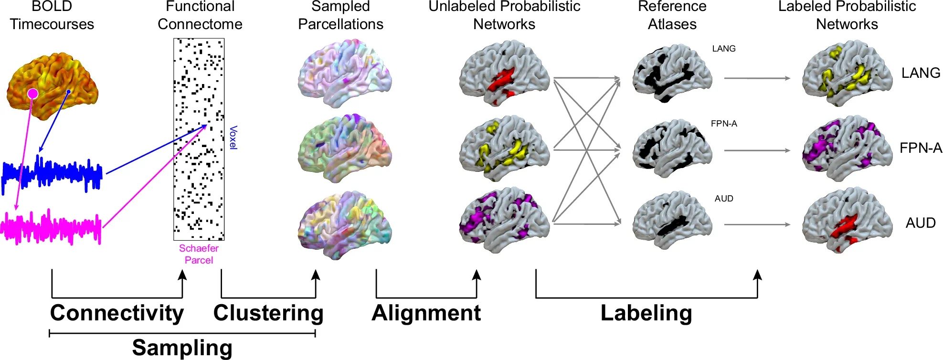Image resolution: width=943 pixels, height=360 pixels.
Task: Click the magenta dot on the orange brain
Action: (x=32, y=94)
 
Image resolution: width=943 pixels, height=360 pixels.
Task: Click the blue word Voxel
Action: (x=233, y=138)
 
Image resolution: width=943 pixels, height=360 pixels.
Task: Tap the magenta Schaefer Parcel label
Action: (x=199, y=254)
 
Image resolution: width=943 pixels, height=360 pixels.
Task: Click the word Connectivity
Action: (x=117, y=314)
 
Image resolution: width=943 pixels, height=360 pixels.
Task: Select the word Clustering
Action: (x=268, y=314)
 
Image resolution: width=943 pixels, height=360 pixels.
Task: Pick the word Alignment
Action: (x=426, y=314)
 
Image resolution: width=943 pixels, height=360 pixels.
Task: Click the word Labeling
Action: (x=646, y=314)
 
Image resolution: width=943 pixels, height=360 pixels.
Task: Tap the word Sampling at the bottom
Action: (x=182, y=348)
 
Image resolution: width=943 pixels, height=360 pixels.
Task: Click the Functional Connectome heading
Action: (x=200, y=15)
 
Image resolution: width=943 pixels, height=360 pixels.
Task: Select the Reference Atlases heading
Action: (x=672, y=15)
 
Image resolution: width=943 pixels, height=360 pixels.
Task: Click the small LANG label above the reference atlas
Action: (x=724, y=49)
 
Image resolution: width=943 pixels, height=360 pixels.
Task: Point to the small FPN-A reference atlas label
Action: (x=724, y=124)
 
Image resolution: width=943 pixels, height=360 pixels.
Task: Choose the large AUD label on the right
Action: (x=921, y=223)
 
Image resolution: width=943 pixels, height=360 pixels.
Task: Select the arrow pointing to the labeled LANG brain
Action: (x=757, y=78)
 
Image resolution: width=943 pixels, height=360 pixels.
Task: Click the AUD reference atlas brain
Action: (x=672, y=221)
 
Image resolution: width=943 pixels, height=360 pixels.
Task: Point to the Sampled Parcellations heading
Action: (x=341, y=15)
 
